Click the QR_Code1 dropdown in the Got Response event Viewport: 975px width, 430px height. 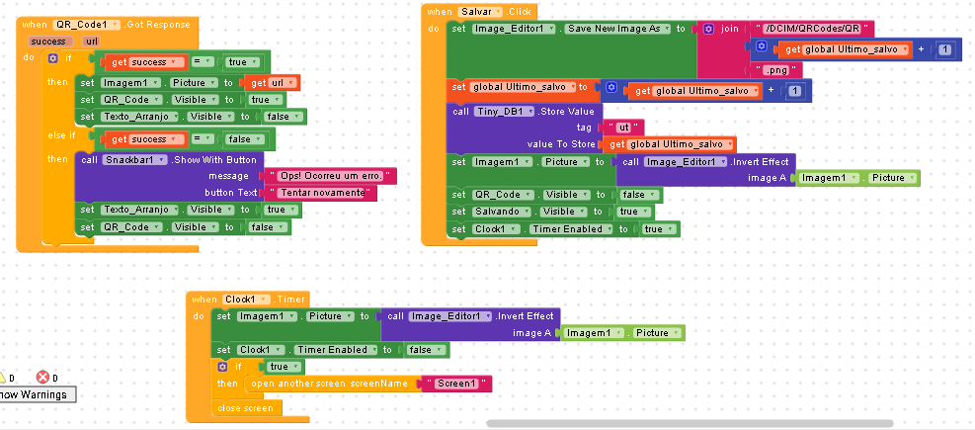coord(86,25)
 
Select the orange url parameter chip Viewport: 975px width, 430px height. coord(91,42)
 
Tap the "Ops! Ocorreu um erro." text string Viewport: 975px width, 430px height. coord(330,176)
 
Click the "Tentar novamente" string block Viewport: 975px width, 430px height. coord(321,193)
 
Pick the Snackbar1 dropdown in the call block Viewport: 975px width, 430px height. coord(135,160)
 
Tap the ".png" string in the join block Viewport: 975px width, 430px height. coord(774,70)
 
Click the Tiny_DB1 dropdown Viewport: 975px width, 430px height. coord(504,112)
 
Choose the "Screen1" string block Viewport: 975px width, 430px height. coord(456,384)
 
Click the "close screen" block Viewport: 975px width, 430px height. coord(246,408)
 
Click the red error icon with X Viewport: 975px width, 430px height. coord(42,377)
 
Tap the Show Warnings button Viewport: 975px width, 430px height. coord(37,394)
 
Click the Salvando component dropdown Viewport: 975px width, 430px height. coord(501,212)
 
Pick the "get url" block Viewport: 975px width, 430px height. coord(273,83)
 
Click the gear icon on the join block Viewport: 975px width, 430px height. coord(708,29)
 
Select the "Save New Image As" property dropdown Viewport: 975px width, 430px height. coord(617,29)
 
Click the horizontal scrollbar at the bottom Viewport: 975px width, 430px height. coord(690,424)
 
